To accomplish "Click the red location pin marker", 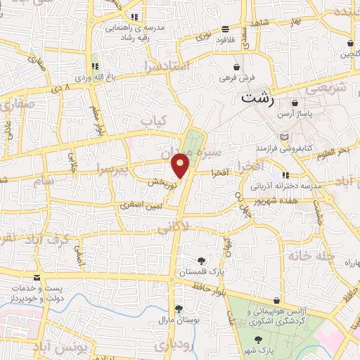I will click(x=181, y=165).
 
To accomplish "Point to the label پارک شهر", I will click(x=259, y=349).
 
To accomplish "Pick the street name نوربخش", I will click(x=160, y=181).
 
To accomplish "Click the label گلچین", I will click(x=348, y=53).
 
